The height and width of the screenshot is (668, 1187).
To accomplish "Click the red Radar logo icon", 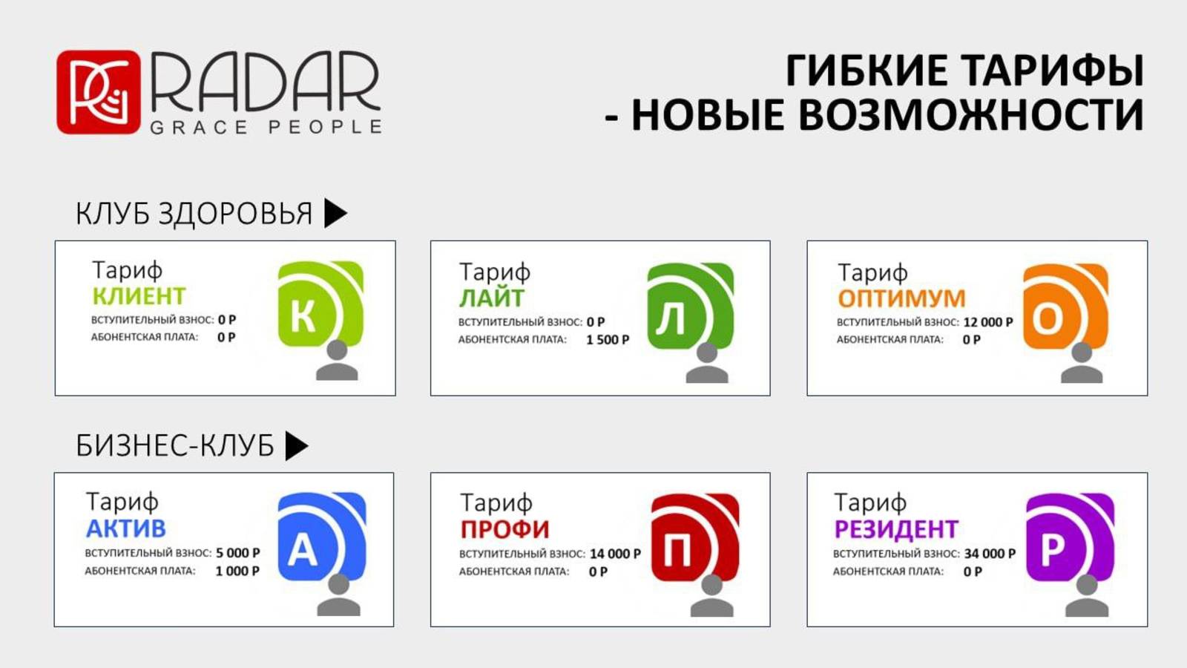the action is coord(99,92).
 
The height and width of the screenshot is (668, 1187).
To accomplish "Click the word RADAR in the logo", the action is coord(266,82).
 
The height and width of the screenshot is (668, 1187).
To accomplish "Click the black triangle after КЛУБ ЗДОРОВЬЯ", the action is coord(335,213).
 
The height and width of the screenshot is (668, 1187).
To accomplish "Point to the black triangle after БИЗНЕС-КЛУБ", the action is coord(297,445).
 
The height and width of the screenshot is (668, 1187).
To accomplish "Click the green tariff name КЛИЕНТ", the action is coord(139,296).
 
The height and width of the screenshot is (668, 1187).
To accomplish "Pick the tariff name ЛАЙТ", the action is coord(492,298).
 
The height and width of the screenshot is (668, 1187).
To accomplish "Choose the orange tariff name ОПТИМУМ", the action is coord(902,298).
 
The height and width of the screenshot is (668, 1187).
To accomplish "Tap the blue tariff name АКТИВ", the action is coord(126,528).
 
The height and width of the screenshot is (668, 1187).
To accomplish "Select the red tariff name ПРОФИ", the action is coord(505,530).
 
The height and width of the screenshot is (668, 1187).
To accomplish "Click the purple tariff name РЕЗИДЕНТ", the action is coord(897,529).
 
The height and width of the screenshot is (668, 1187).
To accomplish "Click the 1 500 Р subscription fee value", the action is coord(608,340).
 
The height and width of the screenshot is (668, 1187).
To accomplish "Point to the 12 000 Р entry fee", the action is coord(988,322).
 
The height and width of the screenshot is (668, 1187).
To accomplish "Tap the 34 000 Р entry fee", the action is coord(990,554).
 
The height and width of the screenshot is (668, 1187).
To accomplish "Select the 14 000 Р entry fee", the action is coord(615,554).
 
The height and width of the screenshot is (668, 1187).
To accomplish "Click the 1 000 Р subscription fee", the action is coord(237,571).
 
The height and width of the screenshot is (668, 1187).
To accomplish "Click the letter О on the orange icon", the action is coord(1048,318).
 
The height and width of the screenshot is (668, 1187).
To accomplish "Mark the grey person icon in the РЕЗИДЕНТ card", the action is coord(1087,596).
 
